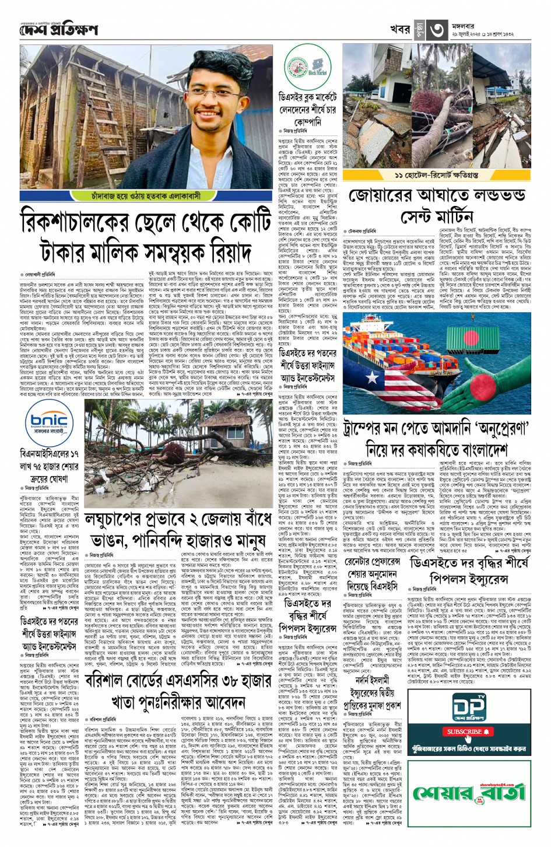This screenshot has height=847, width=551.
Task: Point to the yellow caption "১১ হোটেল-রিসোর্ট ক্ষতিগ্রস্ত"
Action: point(437,175)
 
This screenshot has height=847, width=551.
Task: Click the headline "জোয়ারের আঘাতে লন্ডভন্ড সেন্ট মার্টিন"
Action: point(437,205)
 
